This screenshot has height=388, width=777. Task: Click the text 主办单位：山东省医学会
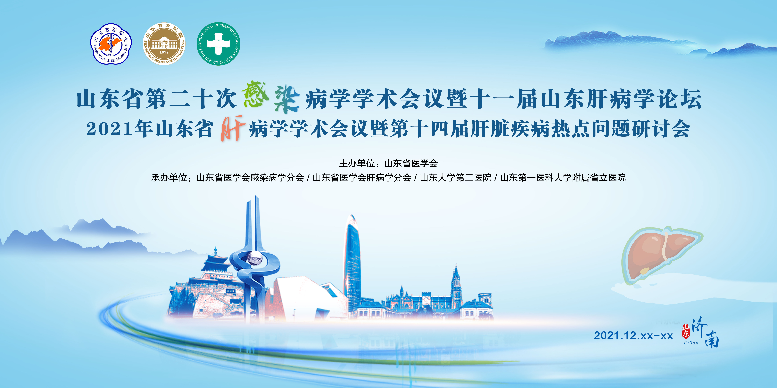pyautogui.click(x=388, y=163)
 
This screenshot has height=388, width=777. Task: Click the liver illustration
pyautogui.click(x=661, y=255)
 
